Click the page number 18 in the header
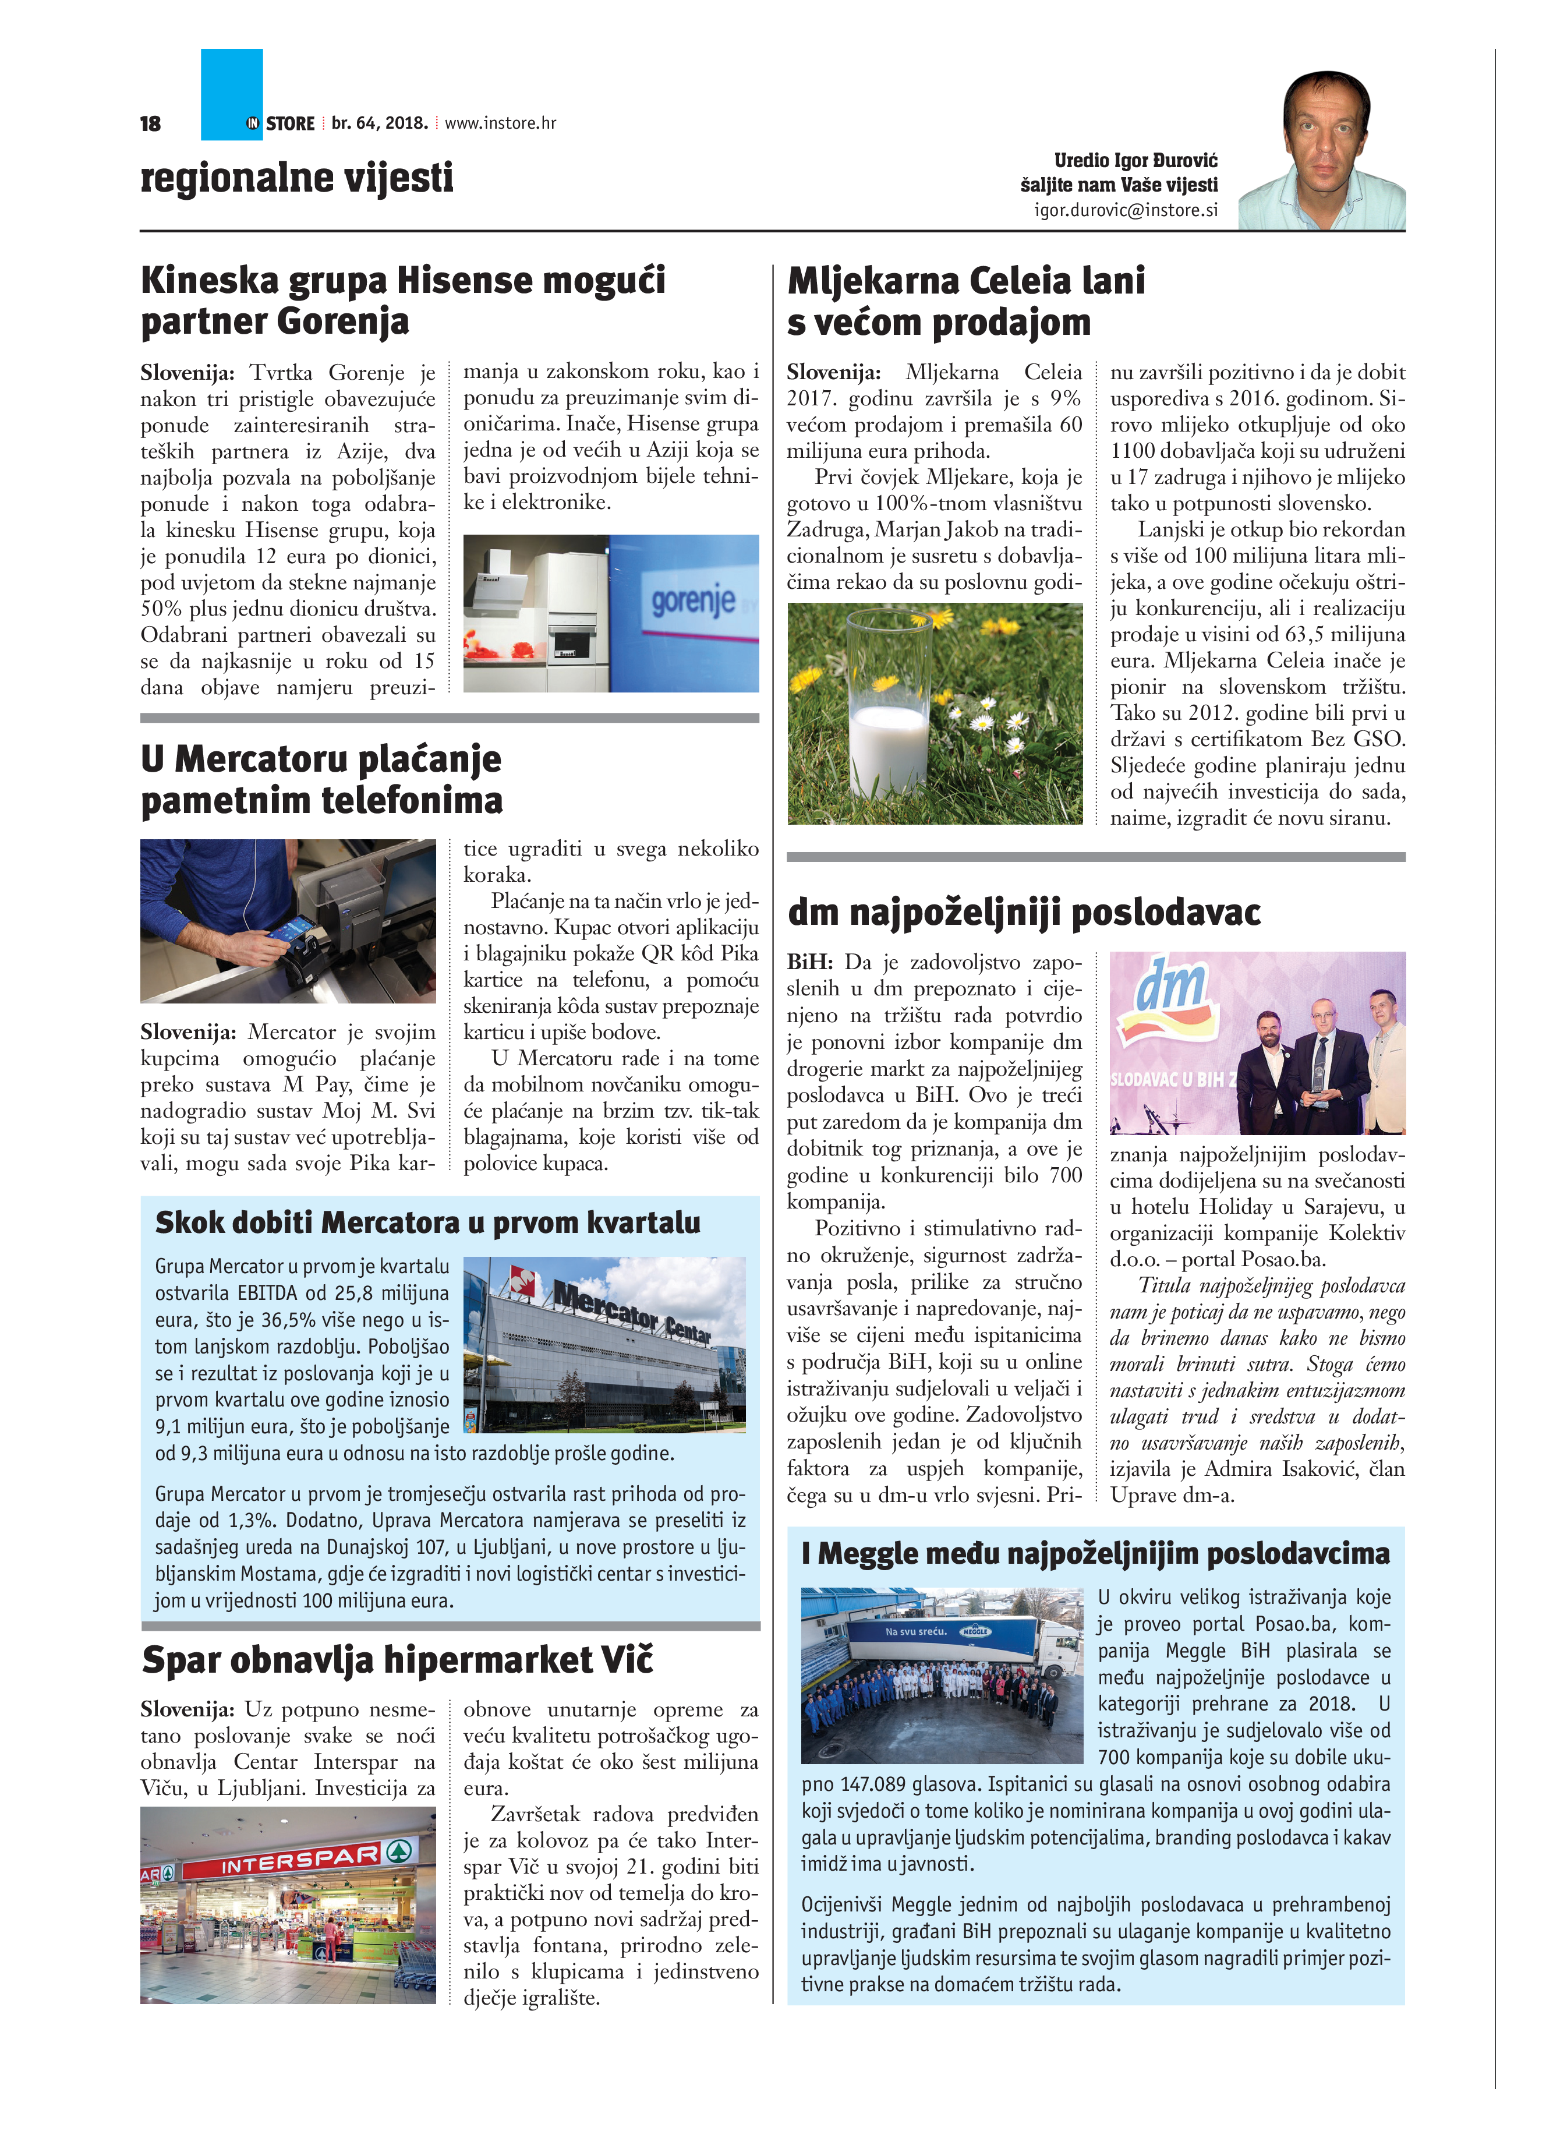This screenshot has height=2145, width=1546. tap(150, 124)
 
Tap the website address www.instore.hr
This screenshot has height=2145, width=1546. tap(500, 123)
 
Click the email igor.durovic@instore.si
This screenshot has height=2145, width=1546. tap(1125, 210)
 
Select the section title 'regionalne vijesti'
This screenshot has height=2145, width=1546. tap(297, 178)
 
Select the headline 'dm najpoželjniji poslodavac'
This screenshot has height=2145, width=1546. tap(1024, 913)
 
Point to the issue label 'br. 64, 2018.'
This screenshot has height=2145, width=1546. tap(379, 123)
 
